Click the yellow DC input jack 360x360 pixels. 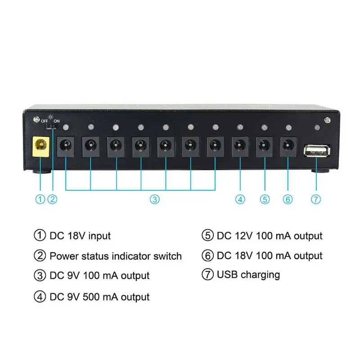[x=41, y=147]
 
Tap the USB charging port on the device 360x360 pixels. [x=317, y=151]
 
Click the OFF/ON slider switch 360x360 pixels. [x=51, y=127]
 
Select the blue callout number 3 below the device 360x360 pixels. [x=155, y=199]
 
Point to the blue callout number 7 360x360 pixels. [x=316, y=199]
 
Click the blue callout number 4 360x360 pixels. [x=240, y=199]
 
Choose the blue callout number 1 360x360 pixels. [x=40, y=199]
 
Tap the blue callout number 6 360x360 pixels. [x=288, y=199]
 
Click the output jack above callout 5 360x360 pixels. [x=265, y=147]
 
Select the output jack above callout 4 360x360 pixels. [x=240, y=147]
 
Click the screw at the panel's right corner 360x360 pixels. [x=327, y=120]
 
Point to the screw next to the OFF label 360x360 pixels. [x=36, y=119]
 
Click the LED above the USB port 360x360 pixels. [x=317, y=127]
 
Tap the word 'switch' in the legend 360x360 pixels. [x=167, y=256]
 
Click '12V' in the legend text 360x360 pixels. [x=243, y=236]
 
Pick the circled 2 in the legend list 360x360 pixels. [x=40, y=256]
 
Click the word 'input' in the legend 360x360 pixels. [x=99, y=236]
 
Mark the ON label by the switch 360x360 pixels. [x=57, y=121]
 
